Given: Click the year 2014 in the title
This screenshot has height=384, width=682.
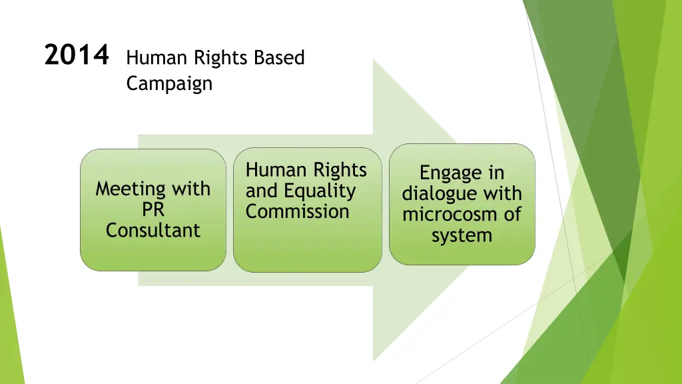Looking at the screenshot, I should click(76, 55).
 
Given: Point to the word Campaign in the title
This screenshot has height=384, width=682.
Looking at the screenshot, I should click(169, 84).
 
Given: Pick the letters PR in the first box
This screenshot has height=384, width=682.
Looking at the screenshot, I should click(153, 209).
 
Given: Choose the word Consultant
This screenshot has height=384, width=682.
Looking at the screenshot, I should click(153, 230).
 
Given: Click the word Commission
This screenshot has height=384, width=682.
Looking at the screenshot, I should click(297, 212).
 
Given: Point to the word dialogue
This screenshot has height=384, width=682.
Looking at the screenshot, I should click(442, 194).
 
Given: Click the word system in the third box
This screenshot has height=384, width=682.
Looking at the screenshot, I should click(462, 235).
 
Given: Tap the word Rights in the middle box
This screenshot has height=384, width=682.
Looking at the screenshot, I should click(341, 171).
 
